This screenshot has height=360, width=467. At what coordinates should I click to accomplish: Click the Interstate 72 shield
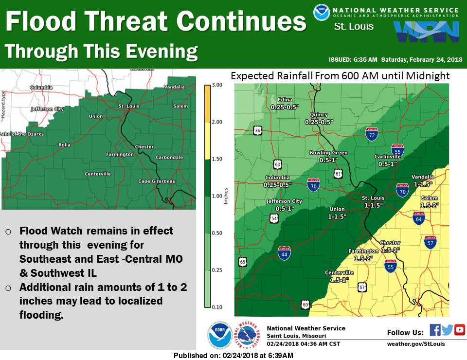click(372, 135)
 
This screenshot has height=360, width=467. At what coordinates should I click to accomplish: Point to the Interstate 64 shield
click(418, 218)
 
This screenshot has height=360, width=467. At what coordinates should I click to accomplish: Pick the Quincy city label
click(319, 115)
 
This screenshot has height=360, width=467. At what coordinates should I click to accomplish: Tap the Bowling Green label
click(329, 153)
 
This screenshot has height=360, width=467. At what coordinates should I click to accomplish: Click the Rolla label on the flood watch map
click(65, 144)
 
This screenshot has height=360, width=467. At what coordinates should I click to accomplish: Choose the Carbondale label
click(169, 158)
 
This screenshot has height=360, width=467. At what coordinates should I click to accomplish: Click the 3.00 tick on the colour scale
click(217, 85)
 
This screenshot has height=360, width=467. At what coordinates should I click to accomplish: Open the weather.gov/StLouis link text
click(416, 344)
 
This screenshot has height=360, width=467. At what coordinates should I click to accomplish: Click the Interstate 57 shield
click(430, 242)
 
